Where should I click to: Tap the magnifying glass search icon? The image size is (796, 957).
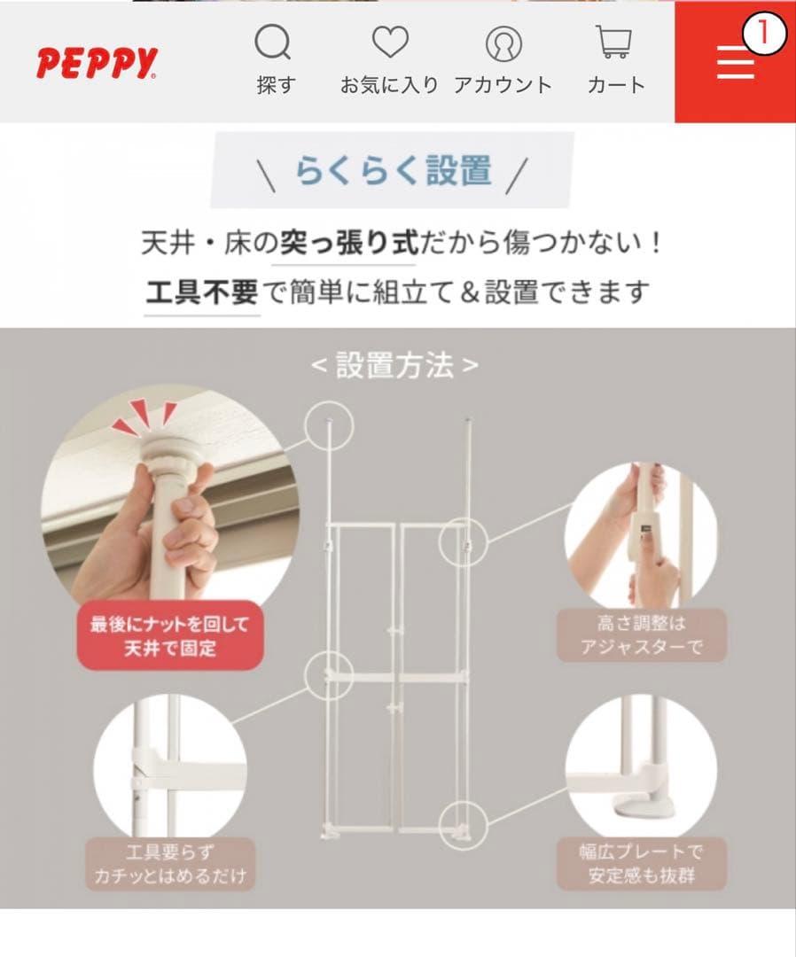(x=273, y=43)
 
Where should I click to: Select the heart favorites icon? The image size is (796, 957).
(x=389, y=43)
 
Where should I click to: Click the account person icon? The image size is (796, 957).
(x=503, y=43)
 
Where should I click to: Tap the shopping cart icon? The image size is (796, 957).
(x=614, y=43)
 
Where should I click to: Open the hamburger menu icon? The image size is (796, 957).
(x=735, y=62)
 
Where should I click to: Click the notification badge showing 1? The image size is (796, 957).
(x=764, y=34)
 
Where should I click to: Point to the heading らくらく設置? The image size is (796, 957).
(x=393, y=170)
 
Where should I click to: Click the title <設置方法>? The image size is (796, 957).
(x=394, y=365)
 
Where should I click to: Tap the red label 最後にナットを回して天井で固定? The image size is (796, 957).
(x=169, y=636)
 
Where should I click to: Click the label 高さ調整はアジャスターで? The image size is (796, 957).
(x=641, y=635)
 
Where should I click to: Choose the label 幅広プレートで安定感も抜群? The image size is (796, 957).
(x=641, y=864)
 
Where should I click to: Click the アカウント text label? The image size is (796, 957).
(x=503, y=85)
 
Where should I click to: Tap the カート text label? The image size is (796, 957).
(x=615, y=85)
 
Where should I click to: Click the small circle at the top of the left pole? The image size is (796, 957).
(x=330, y=424)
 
